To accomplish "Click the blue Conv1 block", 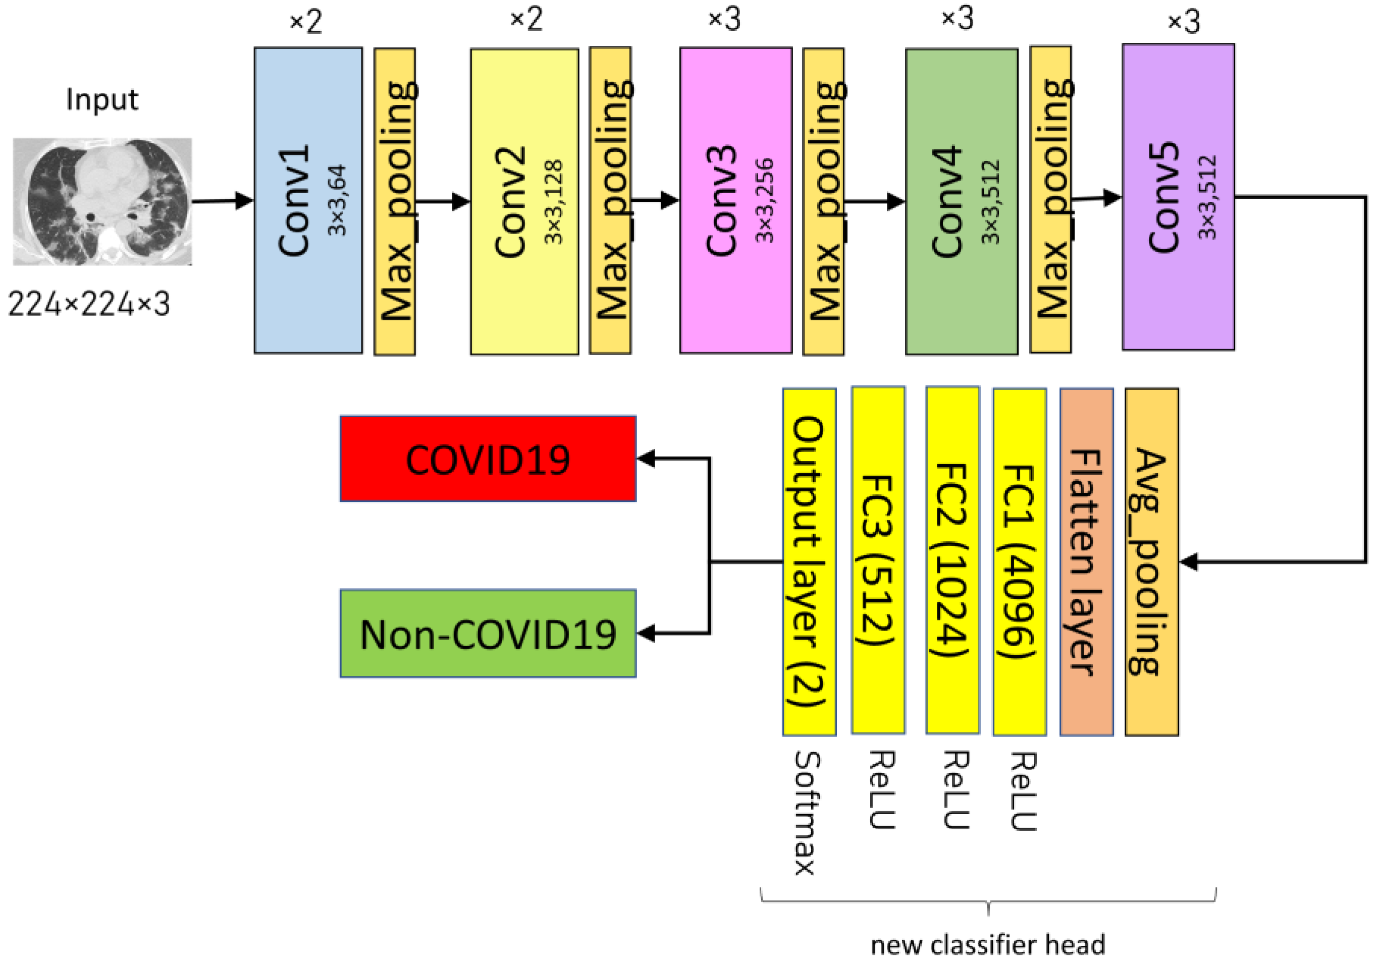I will [x=308, y=200].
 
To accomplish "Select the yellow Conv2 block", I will [x=524, y=201].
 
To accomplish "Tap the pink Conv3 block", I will [x=735, y=200].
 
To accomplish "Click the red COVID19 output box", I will [x=488, y=459].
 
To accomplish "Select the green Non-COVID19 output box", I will [x=488, y=634].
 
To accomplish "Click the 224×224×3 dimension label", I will [x=89, y=304].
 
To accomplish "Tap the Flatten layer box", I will [x=1086, y=562].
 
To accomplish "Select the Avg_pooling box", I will [x=1151, y=562].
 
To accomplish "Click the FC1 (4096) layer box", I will [x=1019, y=562].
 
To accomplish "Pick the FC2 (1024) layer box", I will [x=952, y=560].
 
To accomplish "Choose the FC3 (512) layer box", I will [x=877, y=560].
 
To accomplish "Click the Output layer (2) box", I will [x=809, y=562].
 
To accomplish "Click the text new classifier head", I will [x=987, y=944].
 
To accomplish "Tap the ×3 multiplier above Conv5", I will [x=1183, y=22].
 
